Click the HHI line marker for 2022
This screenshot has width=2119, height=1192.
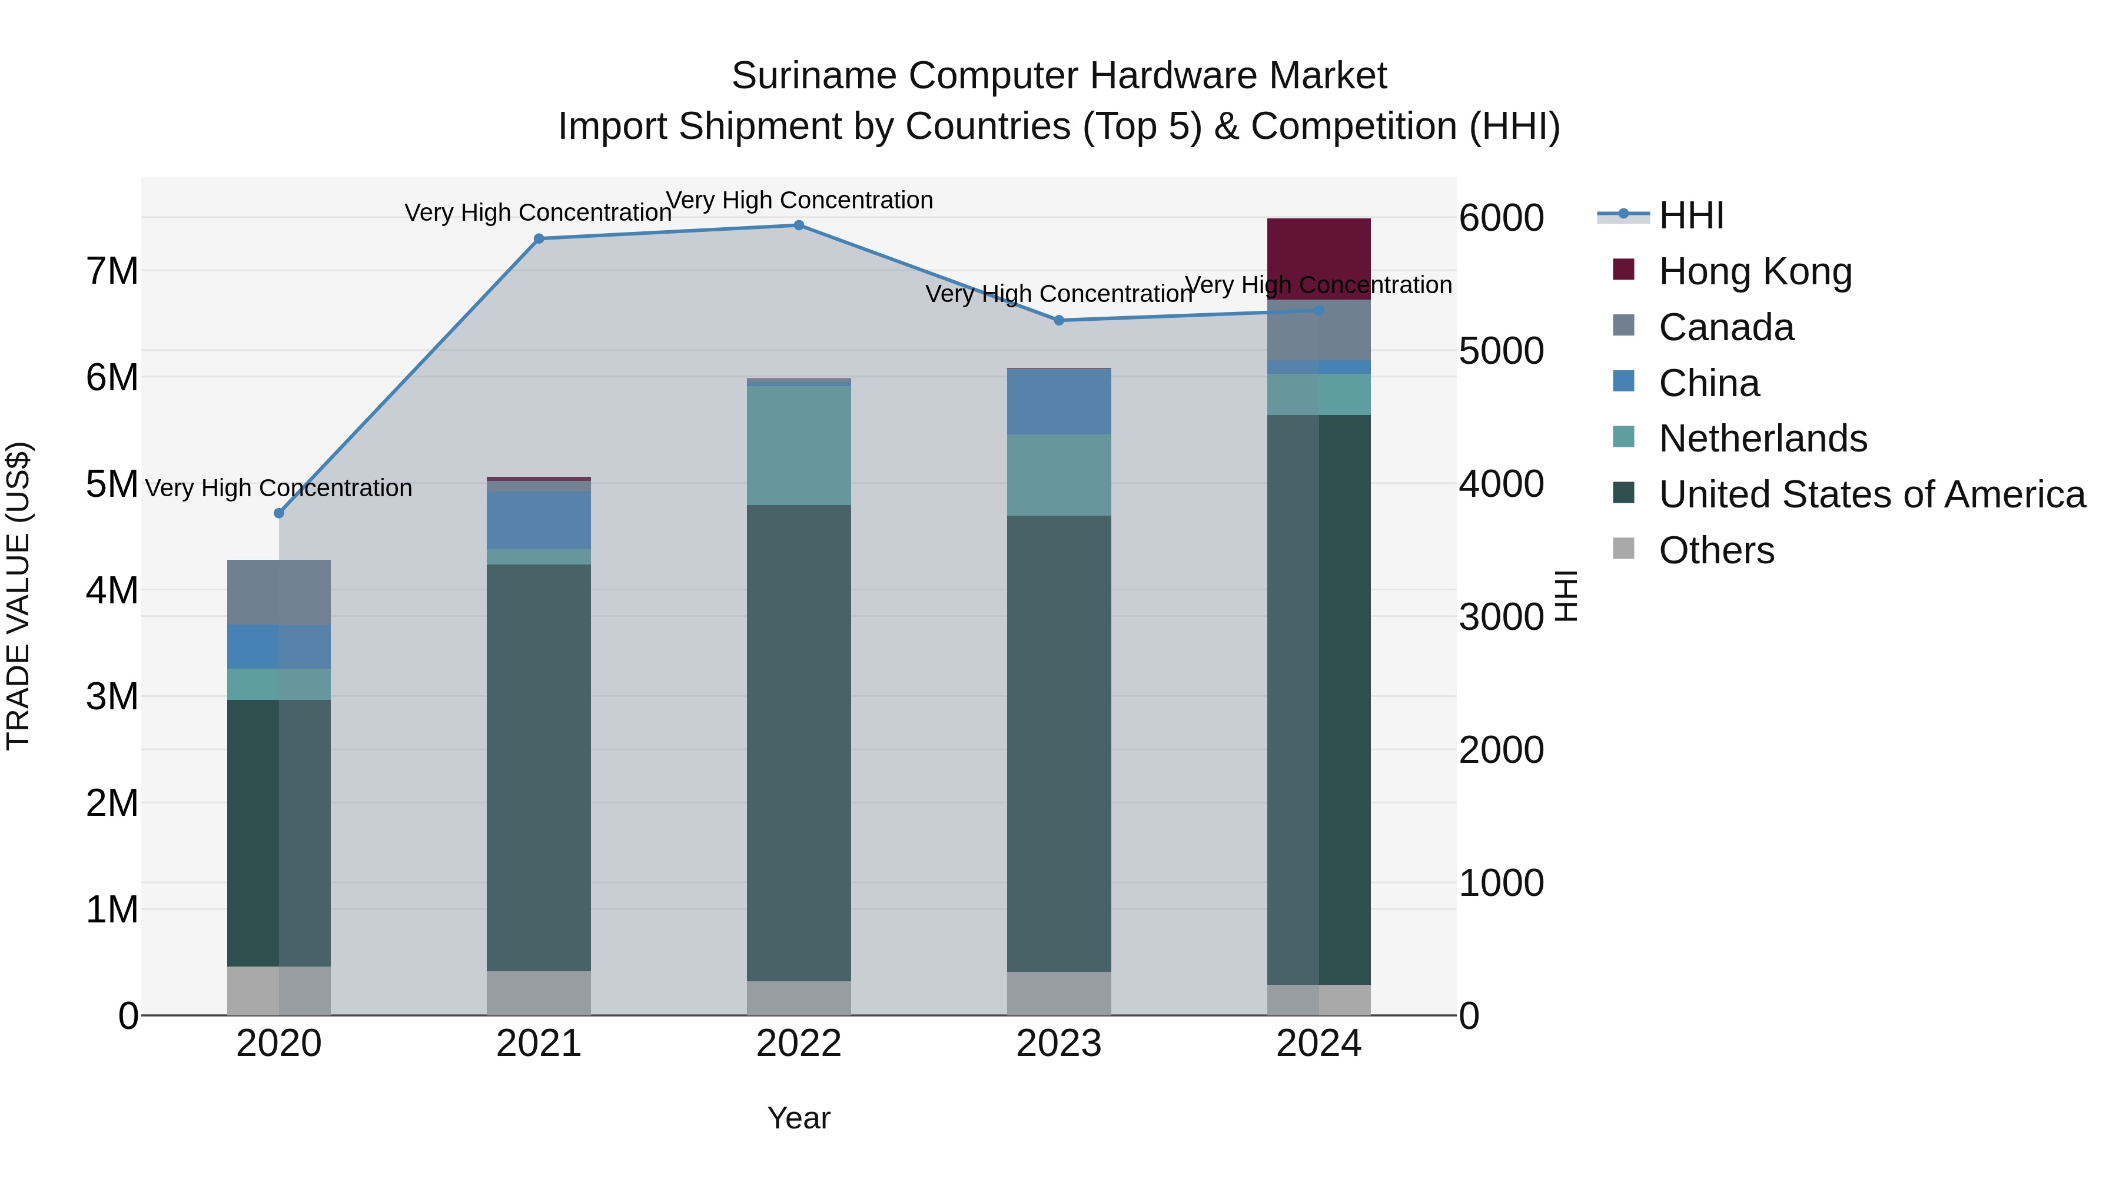click(x=799, y=225)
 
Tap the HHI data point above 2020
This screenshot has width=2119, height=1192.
click(x=279, y=513)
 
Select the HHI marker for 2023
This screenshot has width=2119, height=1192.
click(x=1059, y=321)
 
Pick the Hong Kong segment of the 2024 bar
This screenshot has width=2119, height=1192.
click(x=1318, y=259)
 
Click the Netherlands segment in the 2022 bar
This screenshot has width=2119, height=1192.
click(x=799, y=445)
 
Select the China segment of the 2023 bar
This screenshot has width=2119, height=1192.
click(x=1059, y=401)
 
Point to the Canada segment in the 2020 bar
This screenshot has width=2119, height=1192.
click(x=279, y=592)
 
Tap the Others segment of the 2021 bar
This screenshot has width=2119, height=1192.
click(x=539, y=993)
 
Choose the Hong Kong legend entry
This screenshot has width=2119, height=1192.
click(x=1755, y=271)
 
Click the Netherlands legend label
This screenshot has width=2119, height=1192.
click(x=1763, y=439)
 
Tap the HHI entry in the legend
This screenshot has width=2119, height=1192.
click(x=1690, y=215)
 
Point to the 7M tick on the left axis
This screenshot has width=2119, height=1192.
click(x=112, y=271)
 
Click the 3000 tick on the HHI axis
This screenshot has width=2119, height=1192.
click(x=1501, y=617)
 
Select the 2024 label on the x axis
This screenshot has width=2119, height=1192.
click(x=1318, y=1044)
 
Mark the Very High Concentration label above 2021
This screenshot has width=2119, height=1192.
click(x=539, y=212)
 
